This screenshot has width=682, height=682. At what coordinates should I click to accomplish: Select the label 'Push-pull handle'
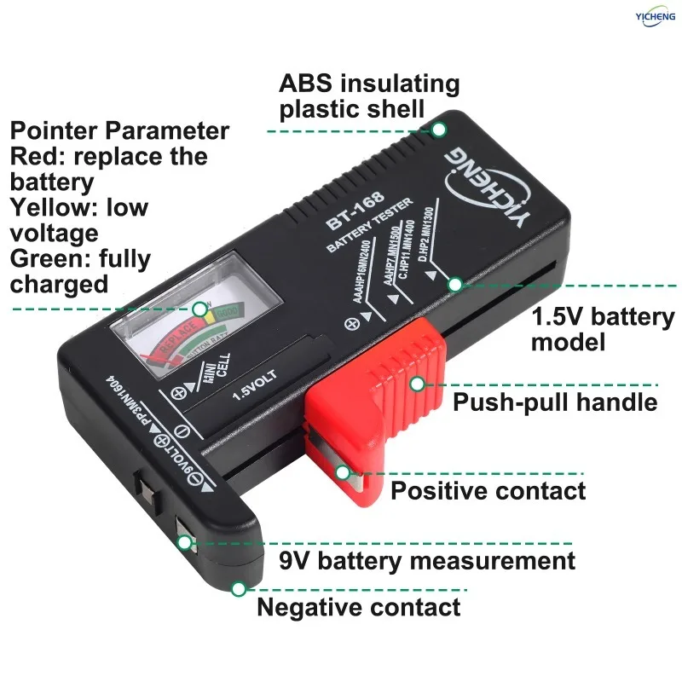point(555,402)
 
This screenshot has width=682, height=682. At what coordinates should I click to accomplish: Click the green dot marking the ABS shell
point(439,130)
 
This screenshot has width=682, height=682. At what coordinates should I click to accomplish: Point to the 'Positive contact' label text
point(488,491)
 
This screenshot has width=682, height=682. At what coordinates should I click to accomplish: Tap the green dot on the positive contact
point(343,471)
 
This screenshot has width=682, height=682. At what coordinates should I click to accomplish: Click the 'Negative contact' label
point(358,607)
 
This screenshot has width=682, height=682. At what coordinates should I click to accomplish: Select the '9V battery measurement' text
point(427,561)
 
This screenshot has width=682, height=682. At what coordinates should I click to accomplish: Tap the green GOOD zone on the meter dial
point(225,314)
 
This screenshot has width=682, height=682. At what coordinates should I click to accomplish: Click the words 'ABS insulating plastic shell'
point(369,96)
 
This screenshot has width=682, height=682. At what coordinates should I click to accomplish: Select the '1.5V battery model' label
point(602,330)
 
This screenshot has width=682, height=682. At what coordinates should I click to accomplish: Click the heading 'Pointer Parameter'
point(119,131)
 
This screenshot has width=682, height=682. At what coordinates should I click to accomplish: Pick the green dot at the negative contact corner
point(239,588)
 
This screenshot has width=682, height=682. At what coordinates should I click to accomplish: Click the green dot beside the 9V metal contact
point(185,541)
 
